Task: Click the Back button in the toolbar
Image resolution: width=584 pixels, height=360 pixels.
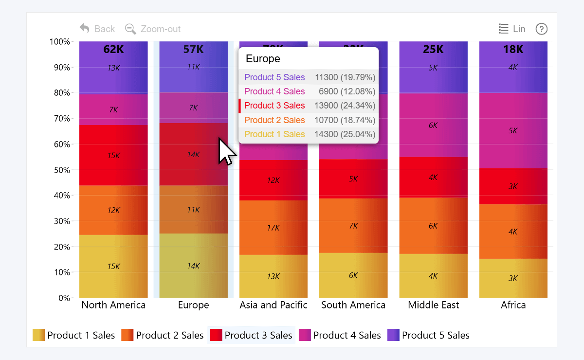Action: coord(97,29)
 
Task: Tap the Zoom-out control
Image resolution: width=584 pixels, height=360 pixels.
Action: coord(153,29)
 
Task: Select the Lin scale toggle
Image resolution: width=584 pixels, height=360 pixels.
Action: coord(512,29)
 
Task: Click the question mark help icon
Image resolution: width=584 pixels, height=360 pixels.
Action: coord(542,29)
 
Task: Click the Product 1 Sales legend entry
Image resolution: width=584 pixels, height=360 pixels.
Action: coord(74,335)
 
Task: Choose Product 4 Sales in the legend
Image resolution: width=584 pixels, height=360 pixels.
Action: coord(340,335)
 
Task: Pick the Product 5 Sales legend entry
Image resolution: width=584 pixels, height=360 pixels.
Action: coord(428,335)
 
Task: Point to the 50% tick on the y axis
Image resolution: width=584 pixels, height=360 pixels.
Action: coord(60,170)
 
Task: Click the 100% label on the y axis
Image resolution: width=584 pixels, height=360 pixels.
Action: coord(59,42)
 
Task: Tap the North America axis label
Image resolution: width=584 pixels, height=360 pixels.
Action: coord(113,305)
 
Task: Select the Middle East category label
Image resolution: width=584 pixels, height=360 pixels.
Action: coord(433,305)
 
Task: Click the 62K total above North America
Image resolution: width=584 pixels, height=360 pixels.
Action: coord(113,49)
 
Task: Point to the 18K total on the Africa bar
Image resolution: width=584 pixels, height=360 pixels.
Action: coord(513,49)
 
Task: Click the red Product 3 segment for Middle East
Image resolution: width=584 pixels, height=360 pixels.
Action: coord(433,178)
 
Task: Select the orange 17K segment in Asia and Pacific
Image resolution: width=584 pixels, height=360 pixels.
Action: coord(274,228)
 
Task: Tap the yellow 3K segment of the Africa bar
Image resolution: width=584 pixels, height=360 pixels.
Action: coord(513,278)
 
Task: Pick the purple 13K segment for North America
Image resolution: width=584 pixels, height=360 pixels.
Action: coord(113,68)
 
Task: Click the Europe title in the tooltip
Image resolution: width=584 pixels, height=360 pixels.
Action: coord(263,59)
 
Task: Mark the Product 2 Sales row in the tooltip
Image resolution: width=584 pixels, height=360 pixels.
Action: coord(274,120)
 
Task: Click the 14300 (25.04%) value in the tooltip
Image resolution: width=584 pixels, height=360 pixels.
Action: coord(345,134)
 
